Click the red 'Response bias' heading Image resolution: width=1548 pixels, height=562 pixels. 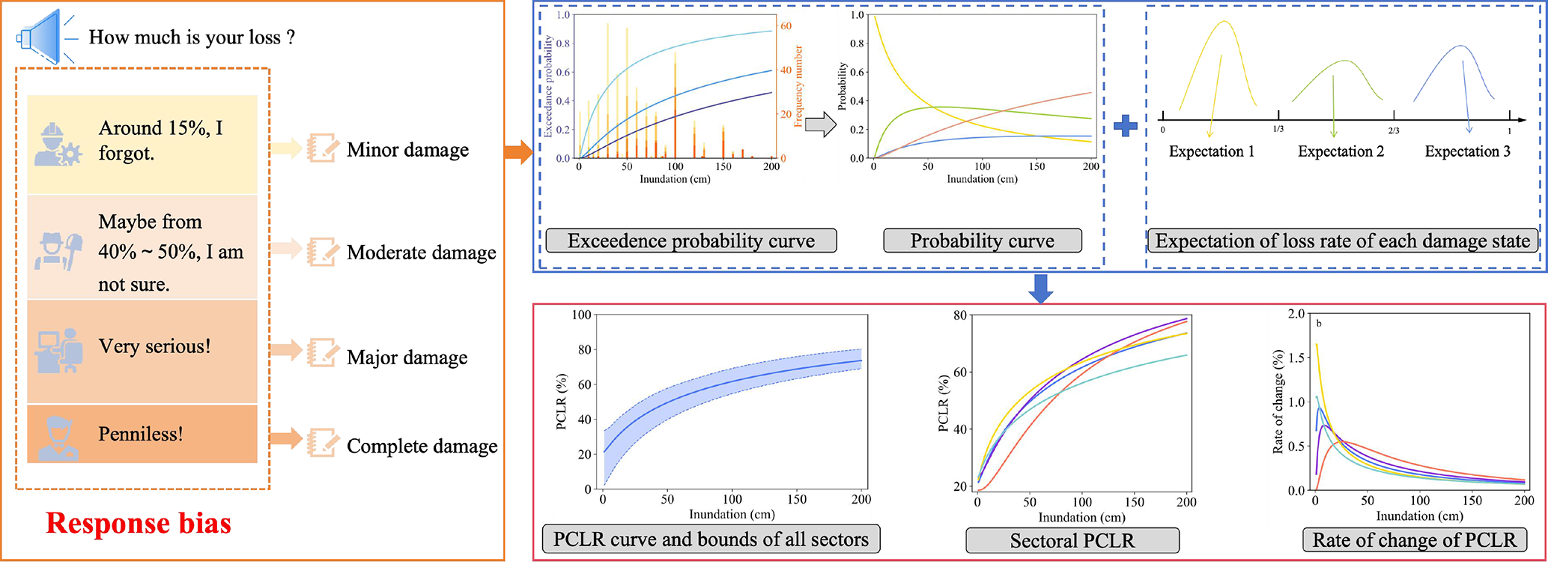[139, 523]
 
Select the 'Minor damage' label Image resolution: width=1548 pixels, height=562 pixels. [407, 150]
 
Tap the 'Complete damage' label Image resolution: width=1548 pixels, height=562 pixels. [422, 446]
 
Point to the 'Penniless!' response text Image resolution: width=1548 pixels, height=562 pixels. [141, 434]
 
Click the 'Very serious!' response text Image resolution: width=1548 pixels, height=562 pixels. [155, 346]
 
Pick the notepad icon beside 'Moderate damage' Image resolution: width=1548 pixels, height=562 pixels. [323, 252]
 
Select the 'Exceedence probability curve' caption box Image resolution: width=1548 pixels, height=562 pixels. [690, 241]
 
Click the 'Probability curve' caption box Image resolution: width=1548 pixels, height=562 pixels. [982, 241]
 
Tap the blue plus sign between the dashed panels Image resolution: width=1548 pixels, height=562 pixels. [1125, 125]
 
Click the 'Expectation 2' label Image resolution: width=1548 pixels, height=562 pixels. [1341, 151]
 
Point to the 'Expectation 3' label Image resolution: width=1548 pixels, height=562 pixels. [1467, 151]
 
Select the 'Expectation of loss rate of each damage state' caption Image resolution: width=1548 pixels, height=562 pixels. [1342, 241]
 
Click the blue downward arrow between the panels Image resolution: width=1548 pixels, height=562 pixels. [1041, 288]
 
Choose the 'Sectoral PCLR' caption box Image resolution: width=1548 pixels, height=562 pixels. [1072, 540]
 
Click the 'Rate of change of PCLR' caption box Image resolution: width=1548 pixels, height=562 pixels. [1414, 540]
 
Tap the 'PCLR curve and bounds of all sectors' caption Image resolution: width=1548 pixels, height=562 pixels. [710, 539]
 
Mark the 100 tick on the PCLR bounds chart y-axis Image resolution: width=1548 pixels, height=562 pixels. [581, 315]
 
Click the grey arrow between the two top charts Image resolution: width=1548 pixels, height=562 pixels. [820, 124]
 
